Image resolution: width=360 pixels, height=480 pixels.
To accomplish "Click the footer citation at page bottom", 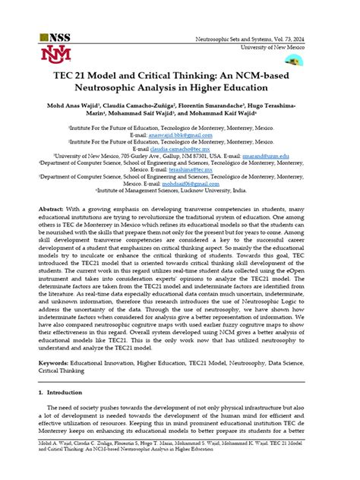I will click(x=179, y=465).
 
